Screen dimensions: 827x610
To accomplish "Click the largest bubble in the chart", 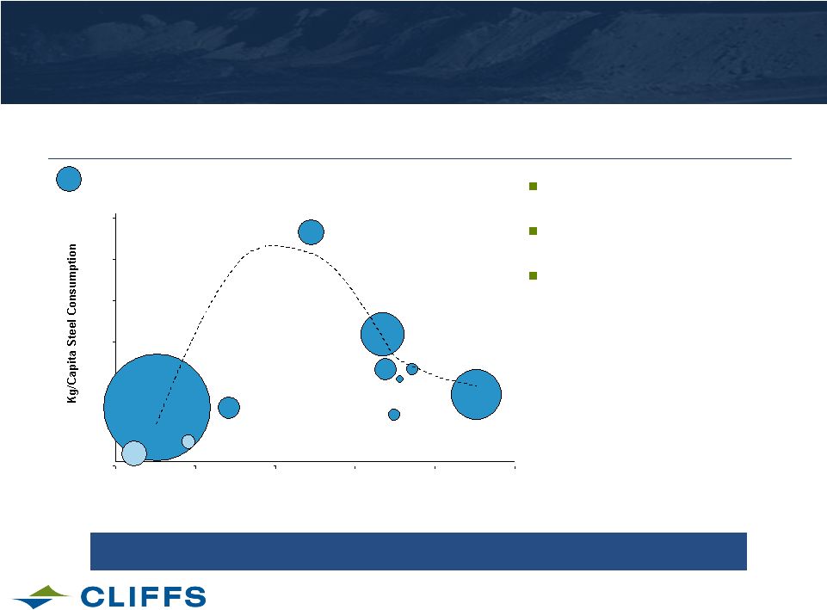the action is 157,407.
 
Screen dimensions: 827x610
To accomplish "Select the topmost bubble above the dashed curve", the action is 312,232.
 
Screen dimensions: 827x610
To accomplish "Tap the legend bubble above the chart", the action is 69,179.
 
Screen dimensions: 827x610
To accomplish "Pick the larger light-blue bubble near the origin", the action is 134,453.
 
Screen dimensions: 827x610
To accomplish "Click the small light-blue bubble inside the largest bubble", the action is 188,442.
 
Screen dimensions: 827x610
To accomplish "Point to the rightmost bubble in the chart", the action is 476,394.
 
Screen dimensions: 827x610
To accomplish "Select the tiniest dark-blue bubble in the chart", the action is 400,379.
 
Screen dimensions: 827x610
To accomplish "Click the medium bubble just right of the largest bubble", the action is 229,408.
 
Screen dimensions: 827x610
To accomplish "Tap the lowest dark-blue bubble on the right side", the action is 394,415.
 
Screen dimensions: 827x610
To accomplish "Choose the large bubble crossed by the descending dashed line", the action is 382,335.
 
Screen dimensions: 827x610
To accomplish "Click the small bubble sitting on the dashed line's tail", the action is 412,369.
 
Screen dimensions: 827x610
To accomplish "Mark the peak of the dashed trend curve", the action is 270,245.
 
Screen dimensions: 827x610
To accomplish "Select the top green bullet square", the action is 534,186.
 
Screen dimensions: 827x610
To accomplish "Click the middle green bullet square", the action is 534,231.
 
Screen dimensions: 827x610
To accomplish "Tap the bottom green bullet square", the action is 534,275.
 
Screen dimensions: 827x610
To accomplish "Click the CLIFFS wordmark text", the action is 143,597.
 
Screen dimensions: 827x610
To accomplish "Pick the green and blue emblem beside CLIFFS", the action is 41,596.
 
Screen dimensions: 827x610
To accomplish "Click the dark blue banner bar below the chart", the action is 418,551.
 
